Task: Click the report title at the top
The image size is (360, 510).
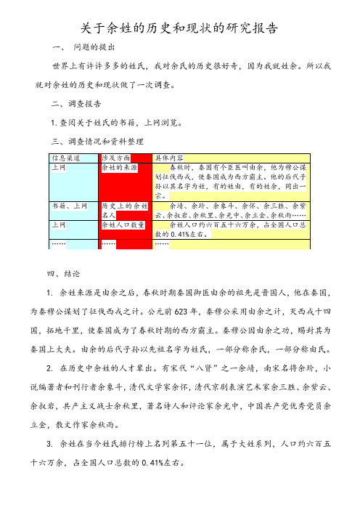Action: pos(179,29)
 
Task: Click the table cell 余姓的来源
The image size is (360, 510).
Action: pos(118,166)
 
